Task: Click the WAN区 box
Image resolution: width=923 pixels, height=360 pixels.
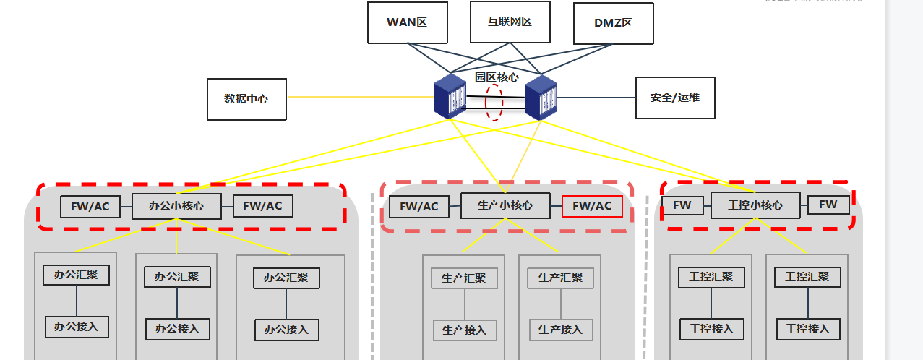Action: click(407, 22)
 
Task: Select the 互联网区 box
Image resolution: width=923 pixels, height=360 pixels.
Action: click(510, 22)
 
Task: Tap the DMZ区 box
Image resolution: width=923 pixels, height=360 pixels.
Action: click(613, 23)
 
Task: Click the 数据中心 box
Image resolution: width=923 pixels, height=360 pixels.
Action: click(246, 98)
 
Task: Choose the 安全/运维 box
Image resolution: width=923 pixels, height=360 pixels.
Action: click(675, 98)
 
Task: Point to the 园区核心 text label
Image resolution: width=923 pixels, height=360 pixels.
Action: click(496, 77)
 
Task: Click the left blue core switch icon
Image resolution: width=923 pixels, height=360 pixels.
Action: click(449, 96)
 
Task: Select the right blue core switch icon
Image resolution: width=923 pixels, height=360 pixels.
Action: click(541, 97)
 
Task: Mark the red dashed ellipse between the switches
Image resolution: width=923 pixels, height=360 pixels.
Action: click(494, 102)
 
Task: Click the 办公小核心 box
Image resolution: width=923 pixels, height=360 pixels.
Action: click(176, 206)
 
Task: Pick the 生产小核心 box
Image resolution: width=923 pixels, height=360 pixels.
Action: click(505, 205)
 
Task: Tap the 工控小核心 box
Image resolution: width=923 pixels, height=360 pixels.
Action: click(755, 205)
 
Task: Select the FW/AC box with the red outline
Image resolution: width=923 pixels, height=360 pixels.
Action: click(592, 206)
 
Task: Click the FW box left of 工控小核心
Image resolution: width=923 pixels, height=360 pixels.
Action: click(682, 205)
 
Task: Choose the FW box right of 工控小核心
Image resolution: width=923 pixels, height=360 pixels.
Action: click(828, 205)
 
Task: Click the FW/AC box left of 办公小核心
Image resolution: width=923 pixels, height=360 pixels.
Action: click(90, 207)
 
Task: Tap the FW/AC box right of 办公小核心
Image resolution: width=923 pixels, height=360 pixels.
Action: click(262, 206)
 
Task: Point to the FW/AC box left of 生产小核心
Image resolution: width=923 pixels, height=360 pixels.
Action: click(419, 207)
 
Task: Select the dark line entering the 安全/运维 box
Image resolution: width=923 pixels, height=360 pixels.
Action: click(596, 98)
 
